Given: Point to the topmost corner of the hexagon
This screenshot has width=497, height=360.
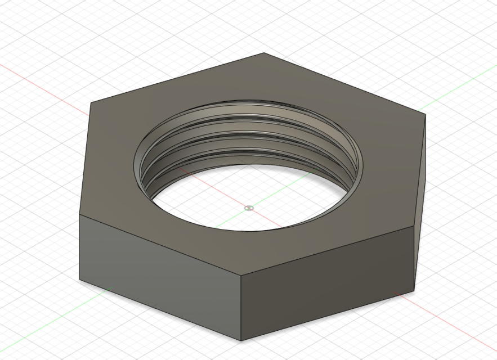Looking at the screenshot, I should (265, 53).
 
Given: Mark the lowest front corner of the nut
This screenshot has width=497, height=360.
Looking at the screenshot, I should (241, 340).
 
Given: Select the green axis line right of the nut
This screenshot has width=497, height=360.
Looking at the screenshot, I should (456, 89).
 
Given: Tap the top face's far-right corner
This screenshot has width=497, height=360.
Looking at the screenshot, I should (425, 115).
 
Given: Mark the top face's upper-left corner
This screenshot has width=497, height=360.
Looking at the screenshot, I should (90, 102).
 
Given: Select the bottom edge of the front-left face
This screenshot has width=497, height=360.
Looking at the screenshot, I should (160, 309).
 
